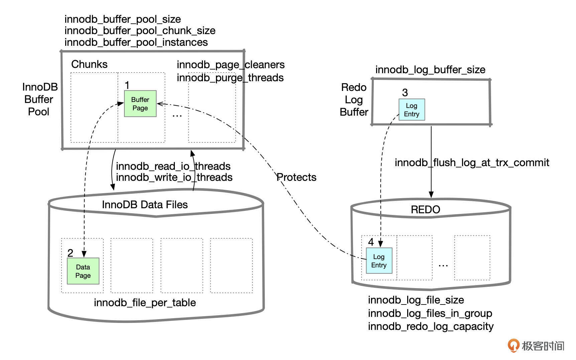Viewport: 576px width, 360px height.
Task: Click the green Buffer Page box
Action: [140, 104]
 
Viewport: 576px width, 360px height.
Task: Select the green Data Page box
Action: [83, 271]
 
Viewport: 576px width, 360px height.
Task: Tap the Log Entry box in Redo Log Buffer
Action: [412, 110]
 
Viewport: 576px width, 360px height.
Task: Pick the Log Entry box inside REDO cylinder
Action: [379, 261]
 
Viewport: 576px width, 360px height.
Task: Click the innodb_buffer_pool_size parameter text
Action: [123, 19]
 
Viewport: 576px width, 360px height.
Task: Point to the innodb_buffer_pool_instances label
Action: [136, 42]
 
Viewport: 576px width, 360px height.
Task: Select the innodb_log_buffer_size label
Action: [430, 70]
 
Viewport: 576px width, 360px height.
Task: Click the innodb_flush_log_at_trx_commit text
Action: [472, 163]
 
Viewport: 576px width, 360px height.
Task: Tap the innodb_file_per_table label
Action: [145, 303]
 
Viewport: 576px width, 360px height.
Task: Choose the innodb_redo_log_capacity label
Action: [431, 327]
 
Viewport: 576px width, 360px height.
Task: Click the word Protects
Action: [297, 177]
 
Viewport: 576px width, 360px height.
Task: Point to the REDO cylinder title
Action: [425, 210]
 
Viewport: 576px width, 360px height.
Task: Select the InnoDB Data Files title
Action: [145, 205]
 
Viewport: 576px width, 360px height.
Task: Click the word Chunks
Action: [89, 64]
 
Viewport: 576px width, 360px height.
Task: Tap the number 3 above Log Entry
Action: [405, 93]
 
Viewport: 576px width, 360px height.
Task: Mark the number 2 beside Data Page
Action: [70, 253]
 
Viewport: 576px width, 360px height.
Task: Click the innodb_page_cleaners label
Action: [231, 65]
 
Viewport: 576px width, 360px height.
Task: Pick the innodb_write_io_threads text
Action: [174, 177]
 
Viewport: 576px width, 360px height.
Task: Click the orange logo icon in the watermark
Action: [513, 345]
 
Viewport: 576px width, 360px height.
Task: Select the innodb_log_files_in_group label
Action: [430, 314]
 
